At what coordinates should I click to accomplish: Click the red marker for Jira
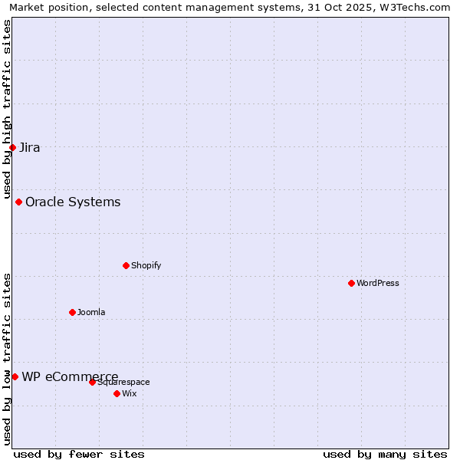click(12, 147)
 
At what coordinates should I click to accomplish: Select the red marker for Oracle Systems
click(18, 202)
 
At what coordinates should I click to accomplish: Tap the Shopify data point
click(126, 265)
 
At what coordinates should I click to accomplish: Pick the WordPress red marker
click(351, 283)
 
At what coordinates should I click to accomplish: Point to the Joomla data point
click(72, 312)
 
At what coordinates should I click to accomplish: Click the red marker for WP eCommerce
click(15, 376)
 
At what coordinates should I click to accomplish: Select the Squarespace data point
click(92, 382)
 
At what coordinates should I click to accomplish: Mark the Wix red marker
click(117, 393)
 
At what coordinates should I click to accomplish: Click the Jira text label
click(30, 148)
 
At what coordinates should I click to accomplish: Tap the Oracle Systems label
click(73, 202)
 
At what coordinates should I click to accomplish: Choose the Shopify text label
click(146, 266)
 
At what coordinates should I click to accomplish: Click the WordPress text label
click(378, 284)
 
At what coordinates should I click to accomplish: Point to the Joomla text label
click(91, 313)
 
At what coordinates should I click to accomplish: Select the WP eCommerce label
click(70, 376)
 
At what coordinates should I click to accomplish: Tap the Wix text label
click(130, 394)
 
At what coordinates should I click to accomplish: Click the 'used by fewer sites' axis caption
click(79, 454)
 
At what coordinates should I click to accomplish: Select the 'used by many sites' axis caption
click(385, 454)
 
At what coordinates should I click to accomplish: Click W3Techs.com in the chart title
click(416, 8)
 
